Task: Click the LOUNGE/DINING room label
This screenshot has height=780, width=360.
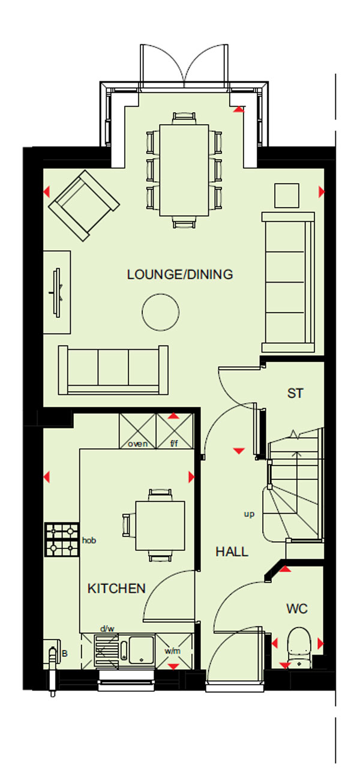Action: click(x=180, y=274)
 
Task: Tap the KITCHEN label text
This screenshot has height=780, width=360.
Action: click(x=116, y=589)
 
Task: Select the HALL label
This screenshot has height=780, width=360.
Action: click(x=232, y=551)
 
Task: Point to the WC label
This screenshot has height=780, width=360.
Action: click(x=297, y=608)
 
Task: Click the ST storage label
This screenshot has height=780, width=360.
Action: click(x=295, y=394)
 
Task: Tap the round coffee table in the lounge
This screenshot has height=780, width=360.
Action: click(x=161, y=312)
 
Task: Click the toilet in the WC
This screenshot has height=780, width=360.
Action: click(x=299, y=647)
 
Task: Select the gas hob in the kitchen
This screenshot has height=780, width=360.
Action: click(x=62, y=539)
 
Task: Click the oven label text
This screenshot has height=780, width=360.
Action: click(x=138, y=444)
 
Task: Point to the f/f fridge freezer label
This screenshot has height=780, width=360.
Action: click(x=174, y=443)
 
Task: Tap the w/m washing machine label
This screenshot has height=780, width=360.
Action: click(x=173, y=651)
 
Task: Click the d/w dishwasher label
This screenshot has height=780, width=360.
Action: click(x=107, y=629)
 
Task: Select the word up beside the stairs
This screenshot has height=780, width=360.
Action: click(x=249, y=514)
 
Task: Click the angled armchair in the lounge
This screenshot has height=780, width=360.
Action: click(x=84, y=205)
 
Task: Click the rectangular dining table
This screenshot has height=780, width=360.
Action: click(x=184, y=170)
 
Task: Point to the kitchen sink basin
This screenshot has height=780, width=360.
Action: click(x=142, y=650)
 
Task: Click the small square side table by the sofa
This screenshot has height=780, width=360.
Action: click(x=287, y=196)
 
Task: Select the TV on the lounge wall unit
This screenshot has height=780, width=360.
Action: click(x=58, y=293)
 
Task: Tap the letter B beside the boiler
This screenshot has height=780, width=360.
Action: click(x=65, y=653)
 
